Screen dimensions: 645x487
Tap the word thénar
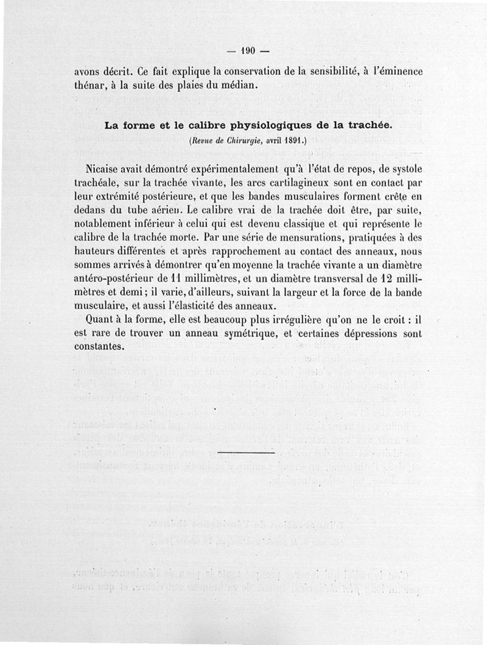point(90,84)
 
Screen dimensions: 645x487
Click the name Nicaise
point(107,168)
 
